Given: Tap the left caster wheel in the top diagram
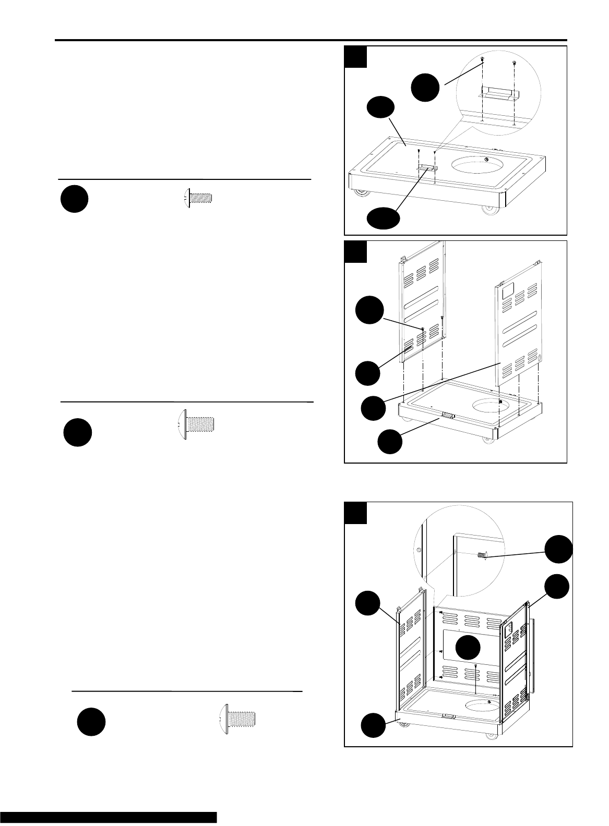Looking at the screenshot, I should click(x=361, y=194).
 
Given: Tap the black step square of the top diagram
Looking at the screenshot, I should click(x=356, y=57).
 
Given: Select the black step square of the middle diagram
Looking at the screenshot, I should click(x=356, y=252).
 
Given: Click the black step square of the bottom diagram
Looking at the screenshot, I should click(x=356, y=513).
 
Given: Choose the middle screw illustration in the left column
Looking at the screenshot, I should click(x=195, y=423).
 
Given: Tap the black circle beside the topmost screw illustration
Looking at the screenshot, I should click(x=74, y=200).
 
